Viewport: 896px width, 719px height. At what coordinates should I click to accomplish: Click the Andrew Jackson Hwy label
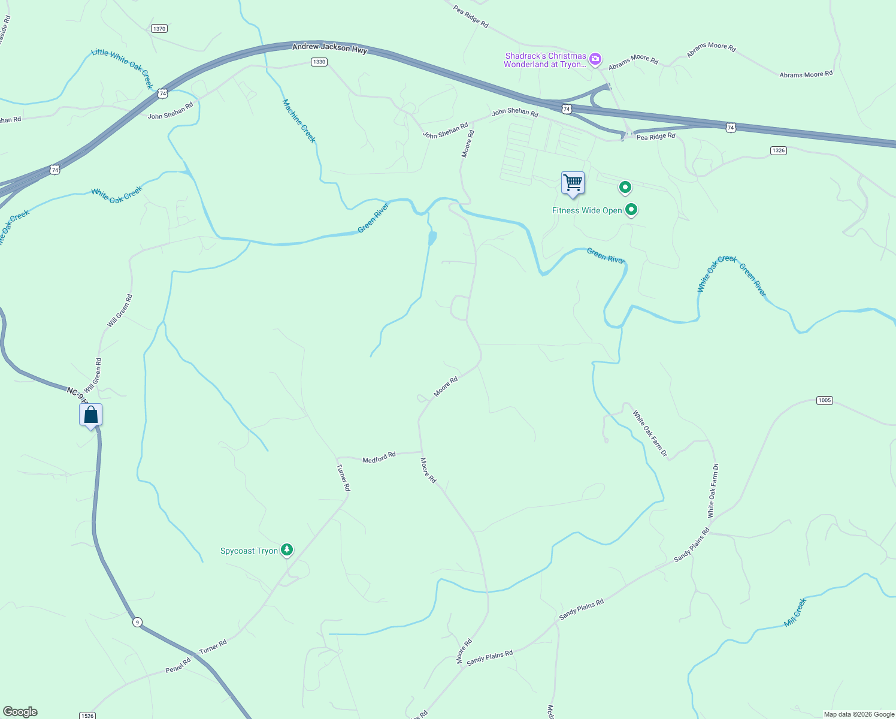[329, 47]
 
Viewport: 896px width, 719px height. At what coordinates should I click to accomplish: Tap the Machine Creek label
[299, 120]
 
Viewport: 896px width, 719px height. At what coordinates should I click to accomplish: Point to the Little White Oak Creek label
[123, 69]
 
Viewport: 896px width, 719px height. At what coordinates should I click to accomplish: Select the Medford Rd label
[379, 458]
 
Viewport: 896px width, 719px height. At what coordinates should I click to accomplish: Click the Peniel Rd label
[178, 665]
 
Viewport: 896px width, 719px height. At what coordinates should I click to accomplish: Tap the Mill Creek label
[795, 612]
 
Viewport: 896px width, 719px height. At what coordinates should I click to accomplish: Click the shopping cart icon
[573, 182]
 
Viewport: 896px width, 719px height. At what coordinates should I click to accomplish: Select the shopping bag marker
[90, 415]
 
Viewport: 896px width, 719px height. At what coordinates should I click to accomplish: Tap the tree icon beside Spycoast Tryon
[287, 549]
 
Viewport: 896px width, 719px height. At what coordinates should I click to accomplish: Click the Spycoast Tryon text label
[249, 551]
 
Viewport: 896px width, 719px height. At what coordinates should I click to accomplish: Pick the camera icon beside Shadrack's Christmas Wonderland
[595, 58]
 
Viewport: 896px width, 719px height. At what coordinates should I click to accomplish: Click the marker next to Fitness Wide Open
[631, 210]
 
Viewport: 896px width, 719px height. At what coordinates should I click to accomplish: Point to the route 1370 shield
[159, 29]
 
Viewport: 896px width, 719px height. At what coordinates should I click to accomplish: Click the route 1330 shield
[319, 62]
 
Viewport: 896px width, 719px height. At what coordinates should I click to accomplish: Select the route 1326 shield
[779, 150]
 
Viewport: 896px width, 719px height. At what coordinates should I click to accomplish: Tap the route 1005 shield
[825, 400]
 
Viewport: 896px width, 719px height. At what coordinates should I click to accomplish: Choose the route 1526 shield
[87, 715]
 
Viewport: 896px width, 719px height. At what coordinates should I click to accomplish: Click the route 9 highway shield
[138, 622]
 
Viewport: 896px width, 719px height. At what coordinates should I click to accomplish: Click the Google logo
[20, 712]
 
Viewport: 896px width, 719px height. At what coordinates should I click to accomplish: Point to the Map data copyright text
[859, 714]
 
